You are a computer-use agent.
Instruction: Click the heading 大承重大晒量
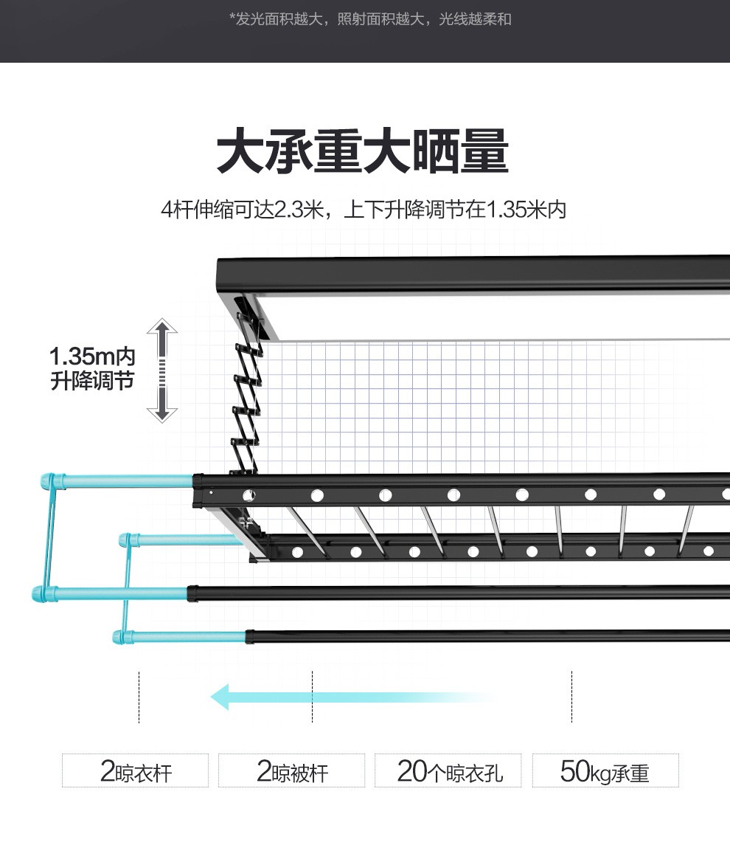pyautogui.click(x=363, y=153)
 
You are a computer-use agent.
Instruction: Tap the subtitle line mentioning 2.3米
pyautogui.click(x=364, y=210)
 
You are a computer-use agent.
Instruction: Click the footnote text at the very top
pyautogui.click(x=370, y=19)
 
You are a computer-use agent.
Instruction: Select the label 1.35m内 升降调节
pyautogui.click(x=92, y=369)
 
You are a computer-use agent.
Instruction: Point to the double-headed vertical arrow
pyautogui.click(x=162, y=370)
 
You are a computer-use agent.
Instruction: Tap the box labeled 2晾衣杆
pyautogui.click(x=136, y=770)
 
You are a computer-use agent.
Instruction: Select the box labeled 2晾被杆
pyautogui.click(x=292, y=770)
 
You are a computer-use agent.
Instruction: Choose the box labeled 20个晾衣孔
pyautogui.click(x=448, y=770)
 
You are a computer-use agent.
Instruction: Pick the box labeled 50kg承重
pyautogui.click(x=605, y=770)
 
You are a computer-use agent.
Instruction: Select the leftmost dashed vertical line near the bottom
pyautogui.click(x=139, y=697)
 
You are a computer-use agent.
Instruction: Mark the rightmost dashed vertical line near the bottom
pyautogui.click(x=571, y=697)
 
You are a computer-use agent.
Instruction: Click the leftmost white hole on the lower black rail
pyautogui.click(x=298, y=552)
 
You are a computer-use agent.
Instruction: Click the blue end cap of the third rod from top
pyautogui.click(x=44, y=593)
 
